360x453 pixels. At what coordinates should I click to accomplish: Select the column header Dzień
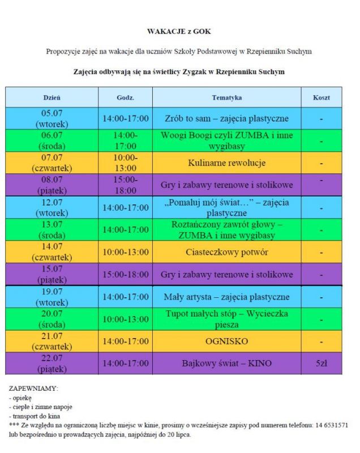coord(52,97)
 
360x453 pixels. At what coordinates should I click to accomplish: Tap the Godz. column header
coord(125,97)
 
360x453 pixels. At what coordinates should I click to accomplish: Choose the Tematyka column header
coord(227,97)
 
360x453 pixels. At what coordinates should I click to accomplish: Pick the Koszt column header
coord(321,97)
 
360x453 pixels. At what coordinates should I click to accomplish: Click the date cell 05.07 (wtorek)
coord(52,118)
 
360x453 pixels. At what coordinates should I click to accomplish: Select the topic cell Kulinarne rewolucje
coord(227,163)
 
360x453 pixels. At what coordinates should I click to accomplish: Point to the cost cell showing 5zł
coord(321,364)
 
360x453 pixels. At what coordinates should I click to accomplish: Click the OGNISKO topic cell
coord(227,341)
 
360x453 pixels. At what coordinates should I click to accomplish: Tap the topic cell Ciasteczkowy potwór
coord(227,252)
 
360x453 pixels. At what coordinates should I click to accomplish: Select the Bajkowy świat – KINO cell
coord(227,364)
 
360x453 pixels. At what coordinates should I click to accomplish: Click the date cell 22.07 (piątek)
coord(52,364)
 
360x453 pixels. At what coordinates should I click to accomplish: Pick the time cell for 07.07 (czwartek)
coord(125,163)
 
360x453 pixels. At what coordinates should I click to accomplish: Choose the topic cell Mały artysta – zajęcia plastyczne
coord(227,297)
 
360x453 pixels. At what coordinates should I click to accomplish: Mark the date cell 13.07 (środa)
coord(52,230)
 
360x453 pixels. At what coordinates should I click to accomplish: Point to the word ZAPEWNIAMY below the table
coord(33,389)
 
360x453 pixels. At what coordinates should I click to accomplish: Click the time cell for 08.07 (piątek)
coord(125,185)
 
